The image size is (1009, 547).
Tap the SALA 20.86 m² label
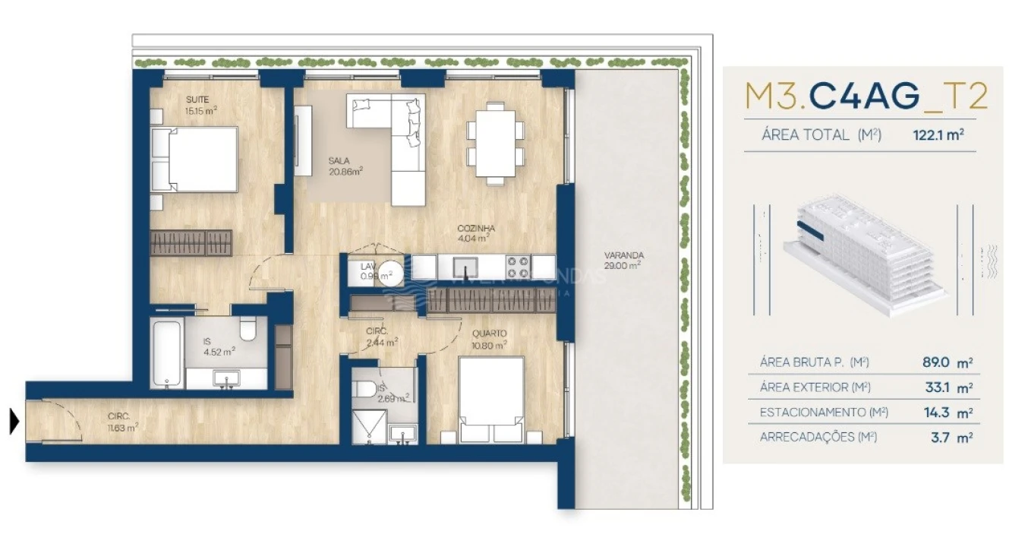[344, 166]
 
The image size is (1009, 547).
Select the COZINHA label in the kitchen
[476, 232]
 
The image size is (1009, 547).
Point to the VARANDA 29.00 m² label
[623, 260]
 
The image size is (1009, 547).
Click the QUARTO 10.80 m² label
[488, 339]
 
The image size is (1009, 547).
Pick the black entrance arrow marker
[14, 421]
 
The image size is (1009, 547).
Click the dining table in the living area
[495, 143]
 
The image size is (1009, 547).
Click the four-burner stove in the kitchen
[518, 267]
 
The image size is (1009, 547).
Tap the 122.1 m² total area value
[938, 135]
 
